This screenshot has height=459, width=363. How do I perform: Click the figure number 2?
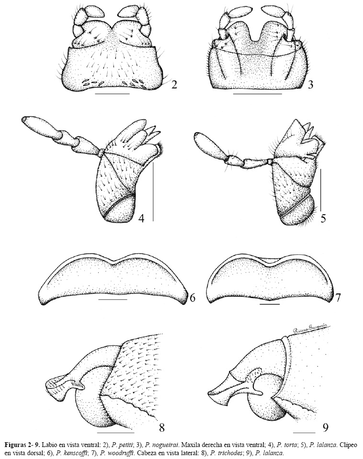174,85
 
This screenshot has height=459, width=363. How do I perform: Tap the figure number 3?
310,85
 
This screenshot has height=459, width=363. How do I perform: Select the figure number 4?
141,218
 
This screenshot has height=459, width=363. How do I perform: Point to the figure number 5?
323,218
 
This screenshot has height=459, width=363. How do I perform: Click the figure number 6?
193,298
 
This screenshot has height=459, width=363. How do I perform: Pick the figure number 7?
338,298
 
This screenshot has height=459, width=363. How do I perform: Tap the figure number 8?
161,427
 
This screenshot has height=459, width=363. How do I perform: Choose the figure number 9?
325,428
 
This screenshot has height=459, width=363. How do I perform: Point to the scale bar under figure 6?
113,299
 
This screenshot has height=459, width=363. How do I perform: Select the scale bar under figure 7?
270,304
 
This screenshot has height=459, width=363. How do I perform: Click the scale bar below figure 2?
113,94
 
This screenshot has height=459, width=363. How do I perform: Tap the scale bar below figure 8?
115,432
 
